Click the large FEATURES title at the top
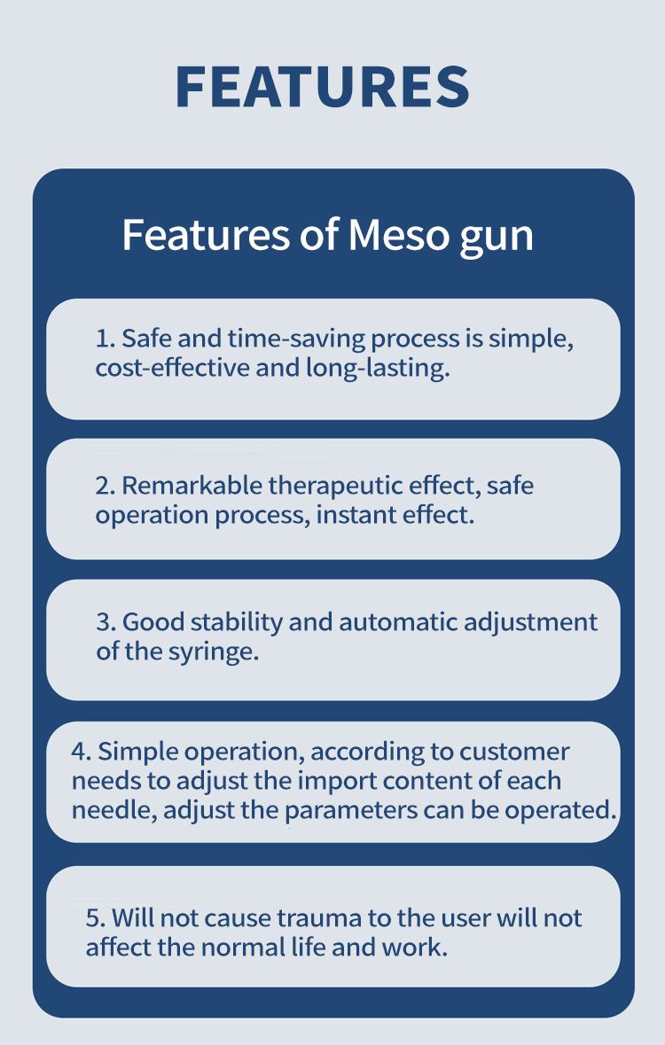[x=322, y=86]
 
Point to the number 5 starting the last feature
[x=92, y=917]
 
